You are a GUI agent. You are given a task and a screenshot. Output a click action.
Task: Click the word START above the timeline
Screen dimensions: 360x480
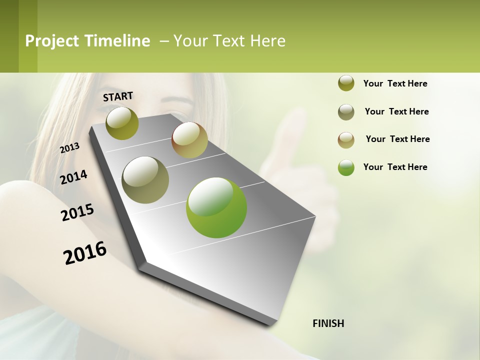click(x=118, y=96)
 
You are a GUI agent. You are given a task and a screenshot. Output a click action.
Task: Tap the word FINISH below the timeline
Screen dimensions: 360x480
click(x=328, y=323)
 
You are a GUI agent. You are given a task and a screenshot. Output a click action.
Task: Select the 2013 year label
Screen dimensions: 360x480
click(x=69, y=148)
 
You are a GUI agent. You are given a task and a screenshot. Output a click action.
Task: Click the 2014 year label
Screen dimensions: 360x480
click(x=73, y=177)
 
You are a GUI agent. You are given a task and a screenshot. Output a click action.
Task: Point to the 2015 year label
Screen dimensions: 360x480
click(x=77, y=212)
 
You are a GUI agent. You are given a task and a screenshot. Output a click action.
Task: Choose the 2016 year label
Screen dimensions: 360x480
click(x=85, y=253)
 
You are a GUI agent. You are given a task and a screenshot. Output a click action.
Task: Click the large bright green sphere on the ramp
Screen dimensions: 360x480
click(x=216, y=207)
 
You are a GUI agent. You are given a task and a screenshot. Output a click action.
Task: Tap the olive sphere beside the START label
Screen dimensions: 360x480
click(x=122, y=123)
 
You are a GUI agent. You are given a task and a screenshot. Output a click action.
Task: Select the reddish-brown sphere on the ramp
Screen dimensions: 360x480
click(x=189, y=140)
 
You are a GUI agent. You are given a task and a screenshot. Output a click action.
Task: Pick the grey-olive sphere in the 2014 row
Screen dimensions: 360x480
click(x=145, y=179)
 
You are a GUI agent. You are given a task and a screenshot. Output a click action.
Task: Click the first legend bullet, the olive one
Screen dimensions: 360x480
click(x=346, y=83)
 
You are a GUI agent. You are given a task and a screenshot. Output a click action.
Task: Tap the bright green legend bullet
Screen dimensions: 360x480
click(x=346, y=167)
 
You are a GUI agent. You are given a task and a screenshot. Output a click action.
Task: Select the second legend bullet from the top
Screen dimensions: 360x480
click(x=346, y=112)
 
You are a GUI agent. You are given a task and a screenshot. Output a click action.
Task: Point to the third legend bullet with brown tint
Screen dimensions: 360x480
click(x=346, y=139)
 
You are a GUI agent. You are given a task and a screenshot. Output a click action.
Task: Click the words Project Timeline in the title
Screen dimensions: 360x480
click(x=87, y=41)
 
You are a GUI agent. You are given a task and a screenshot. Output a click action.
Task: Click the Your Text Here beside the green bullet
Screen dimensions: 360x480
click(x=395, y=167)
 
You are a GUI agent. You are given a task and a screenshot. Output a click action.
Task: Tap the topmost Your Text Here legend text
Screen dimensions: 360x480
click(x=395, y=83)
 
